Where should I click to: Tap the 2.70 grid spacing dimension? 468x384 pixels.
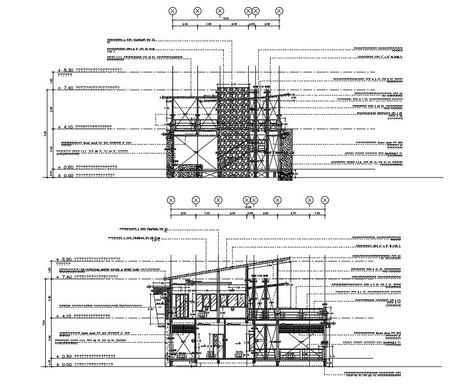point(293,213)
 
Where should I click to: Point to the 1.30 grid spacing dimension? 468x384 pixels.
point(317,213)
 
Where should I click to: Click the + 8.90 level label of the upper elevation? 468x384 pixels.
point(66,70)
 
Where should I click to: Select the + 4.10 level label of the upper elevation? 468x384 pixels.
point(66,126)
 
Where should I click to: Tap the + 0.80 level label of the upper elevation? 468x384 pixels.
point(66,167)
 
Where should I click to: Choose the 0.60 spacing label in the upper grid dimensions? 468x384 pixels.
point(252,24)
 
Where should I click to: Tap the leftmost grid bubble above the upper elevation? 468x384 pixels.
point(173,11)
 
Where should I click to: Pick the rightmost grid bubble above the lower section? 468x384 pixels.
point(325,200)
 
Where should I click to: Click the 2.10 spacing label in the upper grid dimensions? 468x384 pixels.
point(185,24)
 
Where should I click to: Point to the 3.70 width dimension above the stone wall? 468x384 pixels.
point(234,84)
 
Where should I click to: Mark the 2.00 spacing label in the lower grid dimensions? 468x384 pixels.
point(266,213)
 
